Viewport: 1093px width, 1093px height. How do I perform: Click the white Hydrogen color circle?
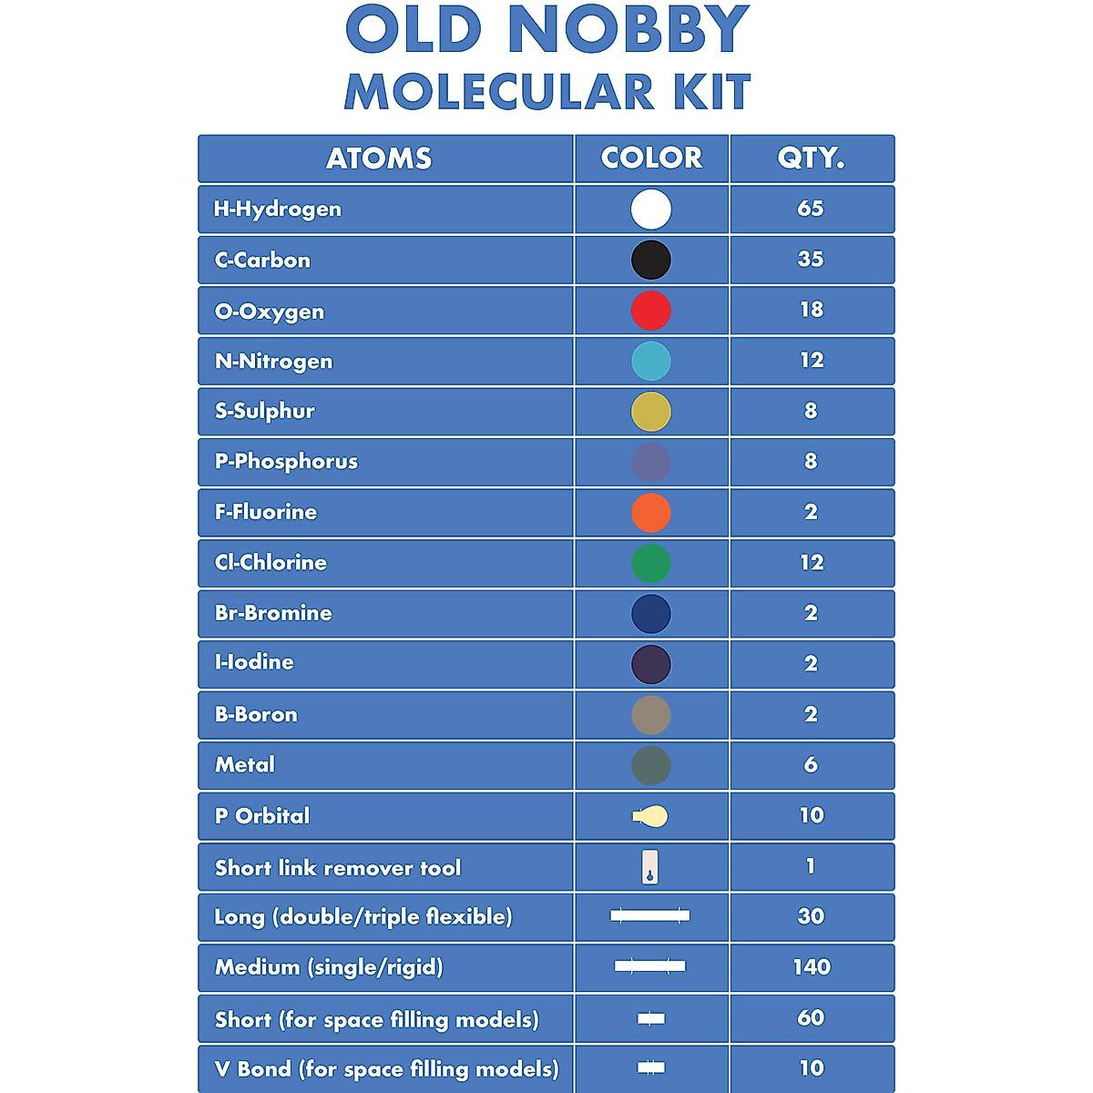point(651,209)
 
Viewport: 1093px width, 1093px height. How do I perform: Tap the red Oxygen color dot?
point(651,311)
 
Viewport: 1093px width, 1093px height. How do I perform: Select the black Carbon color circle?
point(651,260)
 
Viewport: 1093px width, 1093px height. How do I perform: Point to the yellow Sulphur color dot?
point(651,412)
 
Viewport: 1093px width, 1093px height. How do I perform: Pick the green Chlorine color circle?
point(651,563)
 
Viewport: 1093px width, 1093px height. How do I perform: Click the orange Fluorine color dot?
point(651,513)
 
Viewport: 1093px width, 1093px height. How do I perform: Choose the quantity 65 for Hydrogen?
point(811,209)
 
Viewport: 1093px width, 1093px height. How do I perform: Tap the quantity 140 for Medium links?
point(811,967)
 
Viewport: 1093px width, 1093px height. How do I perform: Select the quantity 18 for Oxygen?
point(811,310)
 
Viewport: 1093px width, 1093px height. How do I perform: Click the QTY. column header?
point(811,158)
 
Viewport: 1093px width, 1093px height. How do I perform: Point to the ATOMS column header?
point(379,158)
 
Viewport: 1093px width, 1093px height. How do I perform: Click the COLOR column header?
point(651,158)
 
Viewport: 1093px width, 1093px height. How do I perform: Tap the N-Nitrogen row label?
point(274,362)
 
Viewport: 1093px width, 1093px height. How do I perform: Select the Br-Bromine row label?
point(273,613)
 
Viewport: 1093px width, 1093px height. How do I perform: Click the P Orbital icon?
point(650,816)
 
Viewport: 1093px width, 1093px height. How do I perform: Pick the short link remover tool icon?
point(650,867)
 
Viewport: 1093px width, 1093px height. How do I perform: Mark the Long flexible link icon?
point(650,915)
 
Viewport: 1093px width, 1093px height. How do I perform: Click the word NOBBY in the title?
point(628,30)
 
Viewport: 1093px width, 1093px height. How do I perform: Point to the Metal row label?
point(245,765)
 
